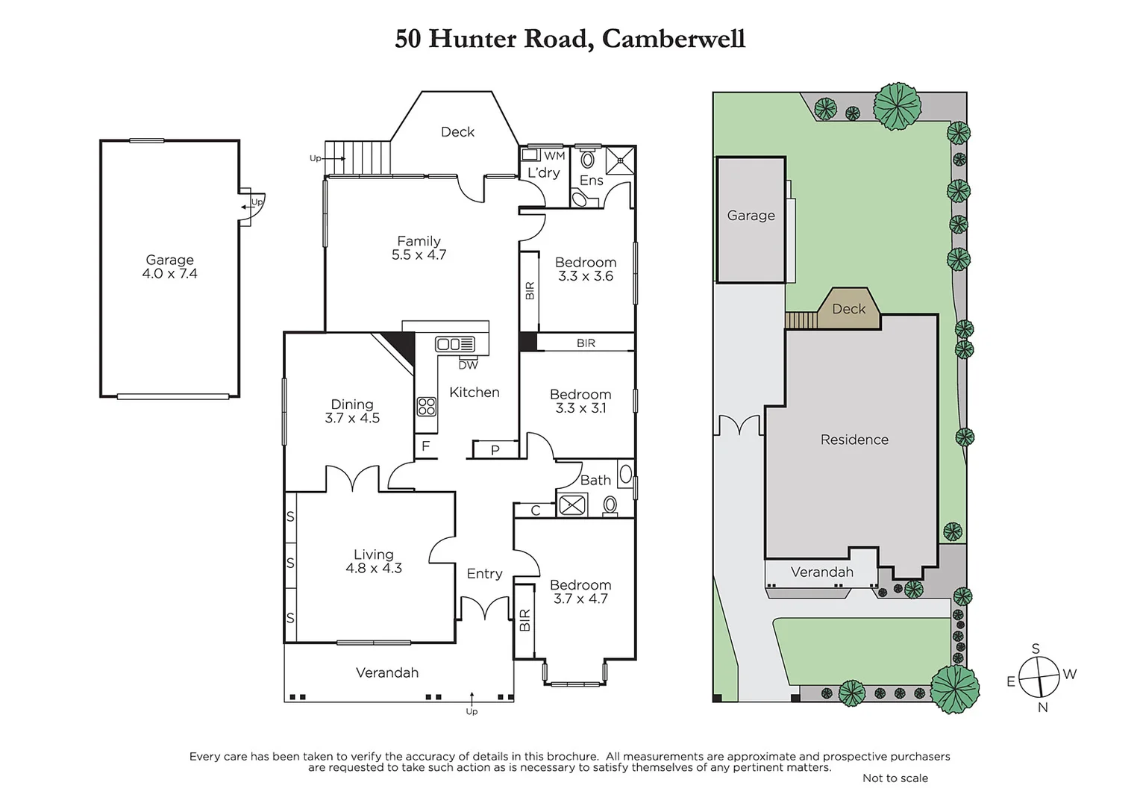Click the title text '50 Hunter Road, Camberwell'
coord(570,39)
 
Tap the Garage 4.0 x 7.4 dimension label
coord(169,267)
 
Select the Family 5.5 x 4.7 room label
coord(419,248)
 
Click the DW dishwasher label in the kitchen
coord(468,365)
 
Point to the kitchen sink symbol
coord(455,344)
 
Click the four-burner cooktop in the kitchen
coord(427,406)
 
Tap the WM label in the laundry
coord(554,156)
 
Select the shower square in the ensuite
coord(619,160)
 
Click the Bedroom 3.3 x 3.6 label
coord(586,269)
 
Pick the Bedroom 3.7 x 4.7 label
coord(580,592)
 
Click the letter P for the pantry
coord(495,449)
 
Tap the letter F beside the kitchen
coord(426,446)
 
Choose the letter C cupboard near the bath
coord(536,510)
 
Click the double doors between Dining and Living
coord(352,479)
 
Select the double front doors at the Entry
coord(485,609)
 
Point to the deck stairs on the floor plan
coord(359,158)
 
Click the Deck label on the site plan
coord(849,309)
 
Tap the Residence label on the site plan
coord(854,440)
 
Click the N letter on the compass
coord(1043,707)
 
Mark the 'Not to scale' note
coord(895,778)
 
